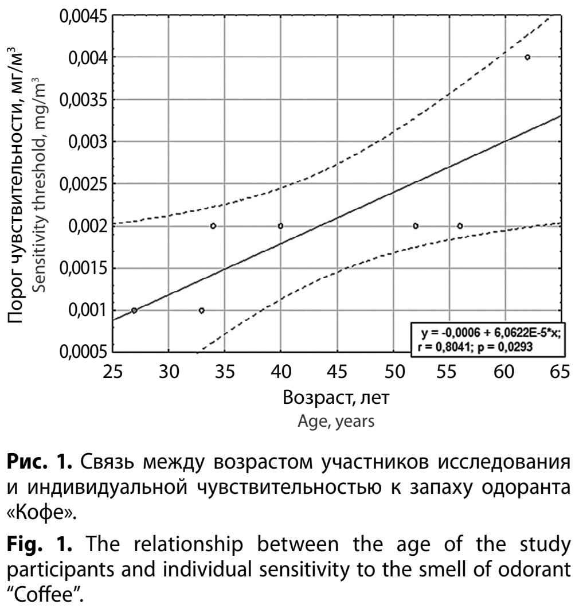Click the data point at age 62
pyautogui.click(x=527, y=57)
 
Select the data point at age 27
pyautogui.click(x=134, y=310)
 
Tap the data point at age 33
pyautogui.click(x=201, y=310)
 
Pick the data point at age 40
pyautogui.click(x=280, y=226)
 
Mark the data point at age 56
pyautogui.click(x=460, y=226)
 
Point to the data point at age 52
pyautogui.click(x=415, y=226)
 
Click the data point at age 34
pyautogui.click(x=213, y=226)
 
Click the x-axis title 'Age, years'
pyautogui.click(x=336, y=423)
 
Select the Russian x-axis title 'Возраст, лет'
pyautogui.click(x=336, y=399)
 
